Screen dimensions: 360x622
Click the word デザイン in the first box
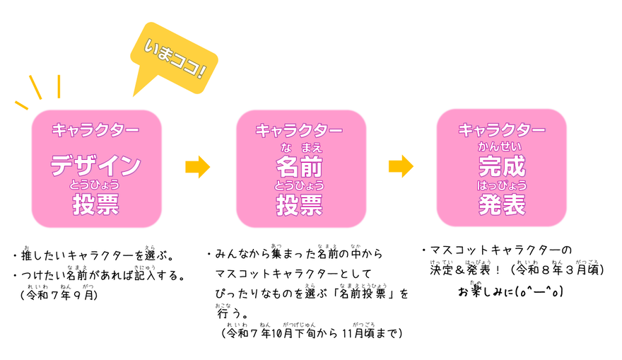click(95, 166)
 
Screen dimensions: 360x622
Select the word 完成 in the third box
click(501, 166)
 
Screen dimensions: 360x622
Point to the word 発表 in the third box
click(501, 205)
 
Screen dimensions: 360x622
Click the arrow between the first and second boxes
click(198, 167)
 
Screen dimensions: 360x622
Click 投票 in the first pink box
click(95, 205)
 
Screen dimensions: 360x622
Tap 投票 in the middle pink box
click(300, 205)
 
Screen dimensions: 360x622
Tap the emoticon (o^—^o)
click(538, 291)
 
